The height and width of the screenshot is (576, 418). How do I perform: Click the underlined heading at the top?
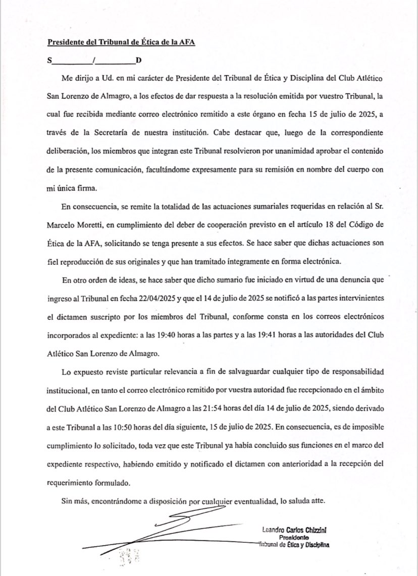tap(121, 43)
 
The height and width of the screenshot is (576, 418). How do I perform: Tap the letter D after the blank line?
tap(138, 61)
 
